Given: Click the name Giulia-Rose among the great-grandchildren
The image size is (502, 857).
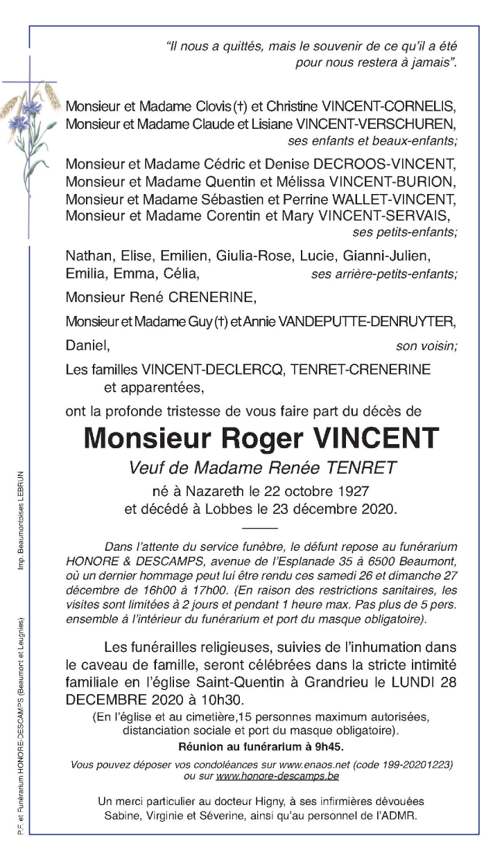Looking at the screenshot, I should [x=254, y=257].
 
